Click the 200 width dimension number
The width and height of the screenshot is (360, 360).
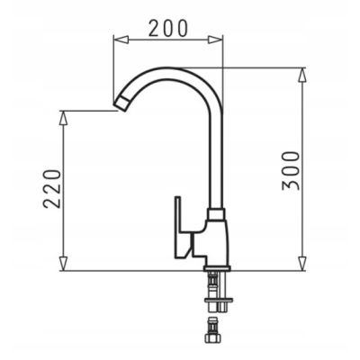click(x=168, y=27)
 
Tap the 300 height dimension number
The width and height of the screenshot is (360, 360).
click(x=290, y=168)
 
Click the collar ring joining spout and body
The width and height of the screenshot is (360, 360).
click(x=214, y=216)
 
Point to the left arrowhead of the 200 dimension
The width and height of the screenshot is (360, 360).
click(x=115, y=39)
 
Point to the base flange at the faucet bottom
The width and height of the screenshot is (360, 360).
click(x=215, y=266)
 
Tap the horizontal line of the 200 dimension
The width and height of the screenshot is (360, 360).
click(x=166, y=39)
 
